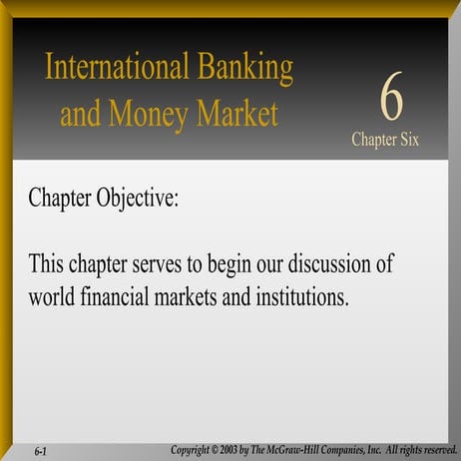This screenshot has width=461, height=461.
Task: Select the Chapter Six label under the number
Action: [385, 140]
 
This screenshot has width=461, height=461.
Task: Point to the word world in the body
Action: [54, 296]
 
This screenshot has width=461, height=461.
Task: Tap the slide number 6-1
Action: [41, 451]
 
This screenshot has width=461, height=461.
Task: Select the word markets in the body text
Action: [200, 296]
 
